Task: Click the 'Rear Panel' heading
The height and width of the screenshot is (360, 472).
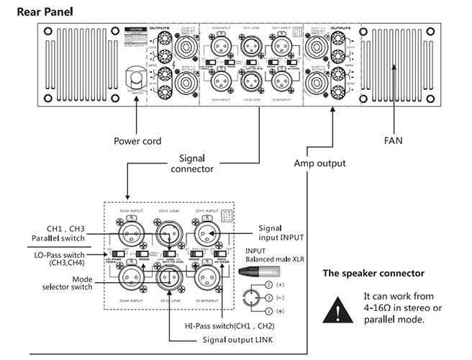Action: [45, 12]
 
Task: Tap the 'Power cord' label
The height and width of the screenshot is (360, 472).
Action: [137, 141]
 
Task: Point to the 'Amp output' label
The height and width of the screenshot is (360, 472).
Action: [319, 163]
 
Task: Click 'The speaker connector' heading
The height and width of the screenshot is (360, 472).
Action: [373, 274]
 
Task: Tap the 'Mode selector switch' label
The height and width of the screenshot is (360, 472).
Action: [73, 283]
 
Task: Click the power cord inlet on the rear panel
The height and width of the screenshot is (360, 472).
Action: [137, 78]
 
